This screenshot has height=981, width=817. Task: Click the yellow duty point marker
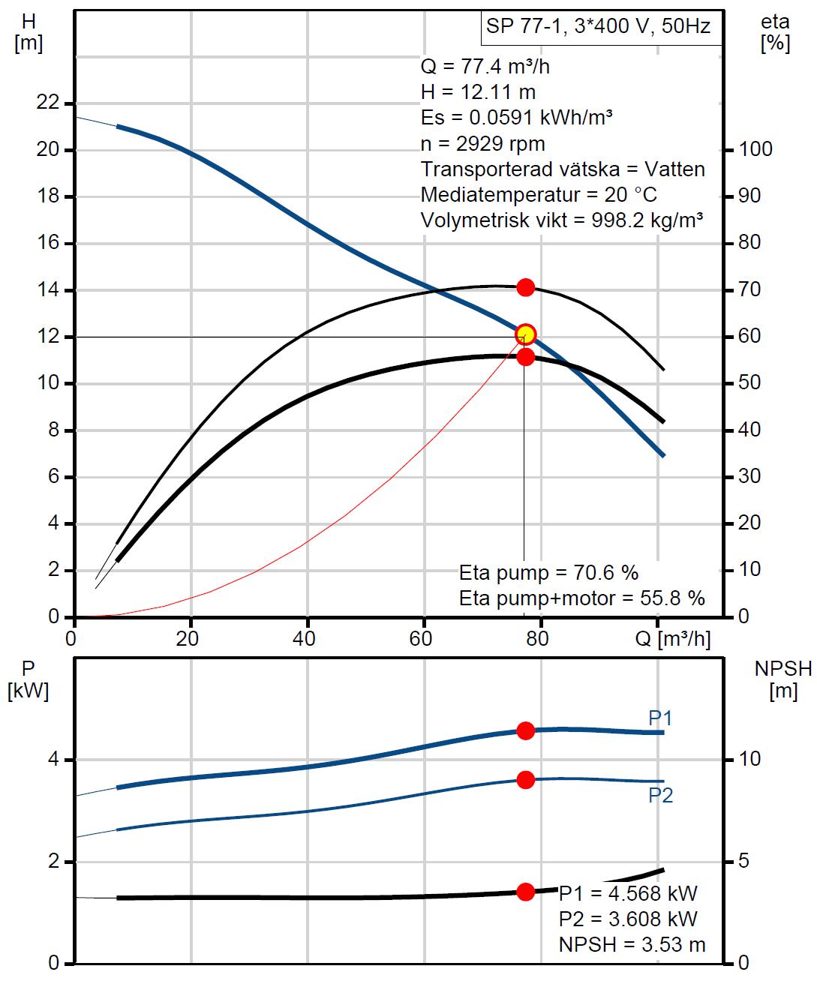point(526,334)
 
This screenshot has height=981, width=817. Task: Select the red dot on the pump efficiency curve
point(526,287)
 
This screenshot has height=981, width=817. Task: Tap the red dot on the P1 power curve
point(526,730)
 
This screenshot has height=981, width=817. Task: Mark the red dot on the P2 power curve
point(526,780)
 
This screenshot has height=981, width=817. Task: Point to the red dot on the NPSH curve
point(526,892)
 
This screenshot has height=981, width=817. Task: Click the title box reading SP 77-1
point(598,28)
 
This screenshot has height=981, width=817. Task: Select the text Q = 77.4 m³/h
point(485,67)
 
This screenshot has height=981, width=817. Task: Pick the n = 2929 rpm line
point(483,143)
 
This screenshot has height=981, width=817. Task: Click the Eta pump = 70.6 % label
point(548,573)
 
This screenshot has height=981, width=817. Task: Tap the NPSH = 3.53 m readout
point(632,945)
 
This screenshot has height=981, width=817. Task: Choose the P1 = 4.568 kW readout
point(628,894)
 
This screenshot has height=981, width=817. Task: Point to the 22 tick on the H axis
point(47,103)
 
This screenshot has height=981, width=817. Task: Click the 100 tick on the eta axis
point(755,149)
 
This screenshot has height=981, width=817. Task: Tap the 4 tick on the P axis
point(53,760)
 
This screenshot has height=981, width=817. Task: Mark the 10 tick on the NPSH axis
point(749,760)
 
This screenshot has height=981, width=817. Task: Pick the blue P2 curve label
point(660,796)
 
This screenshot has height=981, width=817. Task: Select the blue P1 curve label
point(660,718)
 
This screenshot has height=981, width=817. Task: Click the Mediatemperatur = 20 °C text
point(539,195)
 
